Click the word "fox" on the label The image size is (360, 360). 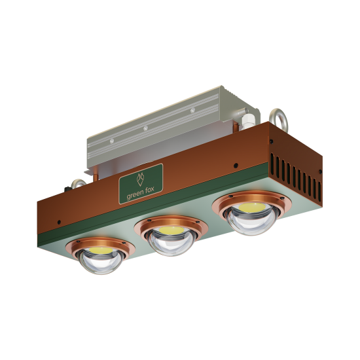point(150,190)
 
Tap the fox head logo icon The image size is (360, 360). point(141,179)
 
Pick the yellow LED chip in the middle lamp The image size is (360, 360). point(171,230)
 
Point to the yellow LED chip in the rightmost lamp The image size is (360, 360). point(252,207)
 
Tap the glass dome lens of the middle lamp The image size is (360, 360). point(171,242)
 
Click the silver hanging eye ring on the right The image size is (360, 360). point(278,119)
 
